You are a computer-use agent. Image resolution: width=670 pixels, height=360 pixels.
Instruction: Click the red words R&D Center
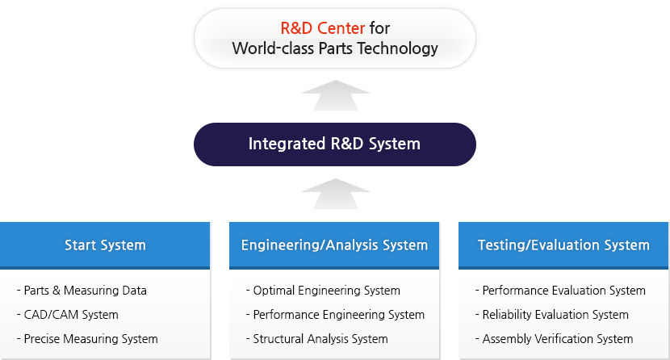pos(323,28)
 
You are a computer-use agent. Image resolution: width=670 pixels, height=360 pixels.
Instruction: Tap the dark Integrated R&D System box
pos(334,144)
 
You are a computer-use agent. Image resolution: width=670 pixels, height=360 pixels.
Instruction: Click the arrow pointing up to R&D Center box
pos(336,95)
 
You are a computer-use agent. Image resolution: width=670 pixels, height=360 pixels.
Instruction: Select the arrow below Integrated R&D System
pos(336,194)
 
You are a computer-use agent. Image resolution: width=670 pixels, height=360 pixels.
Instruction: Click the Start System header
pos(105,245)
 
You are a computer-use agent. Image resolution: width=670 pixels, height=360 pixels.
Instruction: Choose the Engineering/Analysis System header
pos(334,245)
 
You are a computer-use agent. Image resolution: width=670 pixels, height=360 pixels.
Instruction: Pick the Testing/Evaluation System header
pos(563,245)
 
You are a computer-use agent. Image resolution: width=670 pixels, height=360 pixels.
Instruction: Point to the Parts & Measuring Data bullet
pos(82,291)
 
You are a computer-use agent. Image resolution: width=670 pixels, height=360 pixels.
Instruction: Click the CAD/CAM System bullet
pos(68,315)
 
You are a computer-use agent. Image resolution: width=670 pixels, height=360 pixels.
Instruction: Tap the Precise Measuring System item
pos(87,339)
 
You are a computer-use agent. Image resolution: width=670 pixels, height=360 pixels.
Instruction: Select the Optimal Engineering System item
pos(323,291)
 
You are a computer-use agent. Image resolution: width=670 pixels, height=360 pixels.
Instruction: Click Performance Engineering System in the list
pos(336,315)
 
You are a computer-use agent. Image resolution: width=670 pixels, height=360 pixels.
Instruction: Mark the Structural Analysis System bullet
pos(317,339)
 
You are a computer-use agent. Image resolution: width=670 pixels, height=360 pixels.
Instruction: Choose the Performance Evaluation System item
pos(560,291)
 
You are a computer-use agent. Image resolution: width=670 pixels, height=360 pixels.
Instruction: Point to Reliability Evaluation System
pos(551,315)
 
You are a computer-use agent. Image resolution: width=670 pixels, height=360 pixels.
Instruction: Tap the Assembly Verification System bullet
pos(555,339)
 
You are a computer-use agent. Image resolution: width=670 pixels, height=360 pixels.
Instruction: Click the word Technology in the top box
pos(398,48)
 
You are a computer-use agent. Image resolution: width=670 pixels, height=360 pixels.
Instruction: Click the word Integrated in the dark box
pos(287,144)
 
